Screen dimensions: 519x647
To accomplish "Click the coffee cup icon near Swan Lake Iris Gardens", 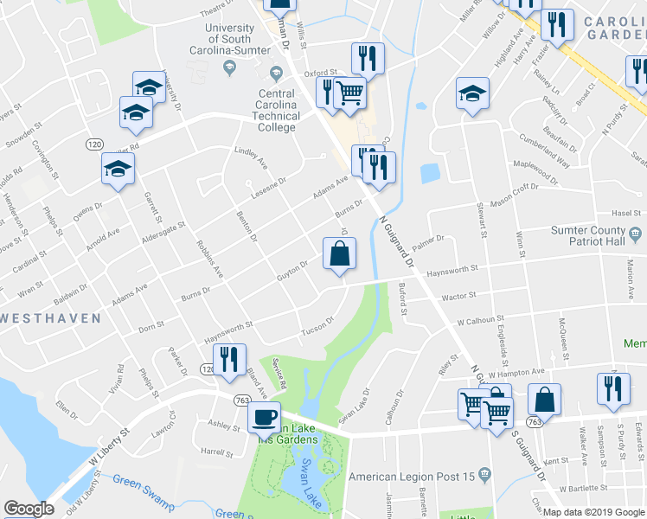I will click(x=265, y=417).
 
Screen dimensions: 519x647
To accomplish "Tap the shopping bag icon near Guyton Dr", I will click(x=340, y=253).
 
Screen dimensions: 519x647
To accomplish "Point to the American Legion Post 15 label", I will click(x=412, y=476).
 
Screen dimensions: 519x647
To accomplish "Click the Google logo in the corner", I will click(x=29, y=509).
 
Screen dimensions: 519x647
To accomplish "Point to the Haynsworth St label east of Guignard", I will click(x=452, y=270).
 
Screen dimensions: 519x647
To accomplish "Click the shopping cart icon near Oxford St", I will click(x=349, y=92).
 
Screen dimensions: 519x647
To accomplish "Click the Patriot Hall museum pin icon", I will click(x=636, y=233).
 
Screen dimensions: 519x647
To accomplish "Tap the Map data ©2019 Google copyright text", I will click(x=593, y=512).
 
